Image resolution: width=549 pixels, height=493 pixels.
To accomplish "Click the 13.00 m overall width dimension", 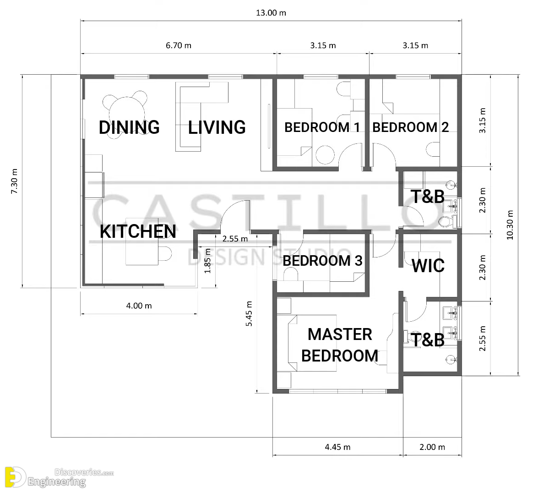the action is point(271,13).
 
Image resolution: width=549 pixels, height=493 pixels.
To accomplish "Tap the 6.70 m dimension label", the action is point(179,45).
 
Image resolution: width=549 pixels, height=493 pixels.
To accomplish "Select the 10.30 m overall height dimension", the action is point(510,225).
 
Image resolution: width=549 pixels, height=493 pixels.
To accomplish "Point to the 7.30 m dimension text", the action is point(14,181).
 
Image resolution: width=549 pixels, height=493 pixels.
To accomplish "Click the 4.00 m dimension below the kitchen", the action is point(139,306).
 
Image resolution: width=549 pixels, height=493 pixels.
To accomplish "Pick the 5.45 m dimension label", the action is point(249,313).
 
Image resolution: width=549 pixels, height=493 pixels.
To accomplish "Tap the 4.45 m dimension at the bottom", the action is point(337,447).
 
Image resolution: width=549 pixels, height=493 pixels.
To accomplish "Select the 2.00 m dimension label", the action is point(432,447).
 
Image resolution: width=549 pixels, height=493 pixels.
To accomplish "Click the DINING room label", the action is point(129,127).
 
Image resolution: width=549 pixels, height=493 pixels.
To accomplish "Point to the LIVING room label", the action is point(217,127).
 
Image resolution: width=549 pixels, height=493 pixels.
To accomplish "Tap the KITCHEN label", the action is point(138,231).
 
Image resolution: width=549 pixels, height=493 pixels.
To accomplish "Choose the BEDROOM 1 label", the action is point(322,127).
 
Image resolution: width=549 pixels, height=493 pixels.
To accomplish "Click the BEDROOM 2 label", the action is point(410,127).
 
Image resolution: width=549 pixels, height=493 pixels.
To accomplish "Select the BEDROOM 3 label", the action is point(322,261).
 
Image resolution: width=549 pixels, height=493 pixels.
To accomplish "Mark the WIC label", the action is point(428,266).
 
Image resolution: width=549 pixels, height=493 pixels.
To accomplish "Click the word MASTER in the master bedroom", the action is point(340,334).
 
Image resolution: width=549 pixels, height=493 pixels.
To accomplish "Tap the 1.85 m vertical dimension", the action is point(207,261).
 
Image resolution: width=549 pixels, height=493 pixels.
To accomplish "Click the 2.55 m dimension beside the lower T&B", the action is point(483,339).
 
